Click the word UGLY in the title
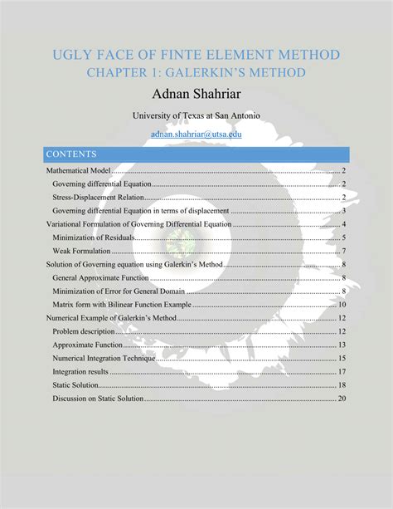pos(70,55)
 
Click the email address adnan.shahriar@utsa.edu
pos(196,134)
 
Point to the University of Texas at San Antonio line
pos(196,116)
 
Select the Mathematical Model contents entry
pos(78,170)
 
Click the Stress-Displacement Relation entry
pos(98,197)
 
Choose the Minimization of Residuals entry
pos(94,237)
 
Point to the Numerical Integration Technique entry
pos(107,358)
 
